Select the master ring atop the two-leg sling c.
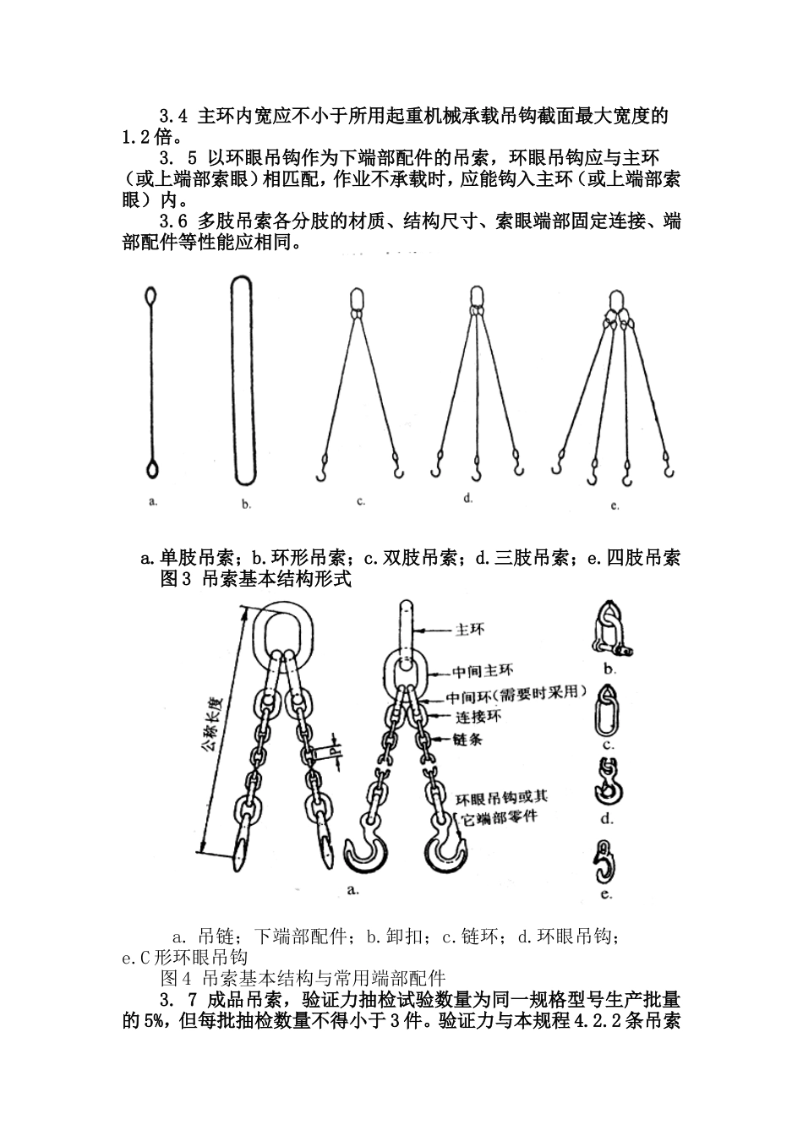pyautogui.click(x=356, y=300)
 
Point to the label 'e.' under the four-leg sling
pyautogui.click(x=615, y=505)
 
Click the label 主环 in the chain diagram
pyautogui.click(x=471, y=630)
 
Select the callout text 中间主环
pyautogui.click(x=482, y=672)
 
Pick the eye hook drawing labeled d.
pyautogui.click(x=606, y=783)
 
